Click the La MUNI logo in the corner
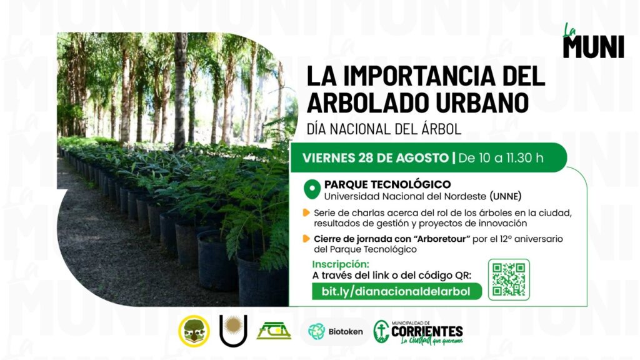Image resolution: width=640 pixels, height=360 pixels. (x=593, y=41)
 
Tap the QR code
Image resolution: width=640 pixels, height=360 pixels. (x=509, y=279)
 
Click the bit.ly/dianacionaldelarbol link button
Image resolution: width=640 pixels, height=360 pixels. (x=396, y=291)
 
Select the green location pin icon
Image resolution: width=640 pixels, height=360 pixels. (x=312, y=190)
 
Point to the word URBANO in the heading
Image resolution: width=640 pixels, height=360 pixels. (x=482, y=102)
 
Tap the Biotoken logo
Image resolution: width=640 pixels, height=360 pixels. (x=336, y=331)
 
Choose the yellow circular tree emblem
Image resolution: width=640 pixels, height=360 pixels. (x=194, y=331)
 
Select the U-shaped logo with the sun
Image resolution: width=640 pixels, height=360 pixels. (x=233, y=330)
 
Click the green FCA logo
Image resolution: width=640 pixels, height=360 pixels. (x=274, y=331)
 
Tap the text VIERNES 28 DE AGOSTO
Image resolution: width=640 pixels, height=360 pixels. (x=376, y=158)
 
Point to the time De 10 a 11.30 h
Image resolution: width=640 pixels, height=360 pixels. (x=501, y=158)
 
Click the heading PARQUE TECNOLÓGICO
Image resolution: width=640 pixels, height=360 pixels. (x=387, y=184)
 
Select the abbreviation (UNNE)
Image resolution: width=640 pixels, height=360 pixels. (x=505, y=196)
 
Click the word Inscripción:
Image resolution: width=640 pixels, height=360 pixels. (x=341, y=264)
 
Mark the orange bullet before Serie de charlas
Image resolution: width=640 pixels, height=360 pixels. (x=306, y=212)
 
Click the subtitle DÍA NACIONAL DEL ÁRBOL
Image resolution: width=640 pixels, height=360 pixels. (x=384, y=129)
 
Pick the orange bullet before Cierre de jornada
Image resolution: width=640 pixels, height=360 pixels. (x=306, y=239)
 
